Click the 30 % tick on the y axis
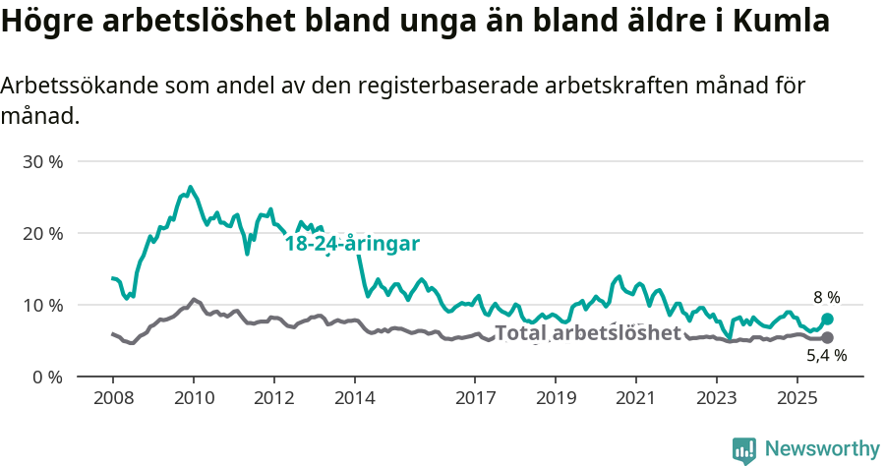(42, 161)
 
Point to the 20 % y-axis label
(42, 233)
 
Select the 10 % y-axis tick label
(42, 305)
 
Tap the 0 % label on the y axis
(47, 377)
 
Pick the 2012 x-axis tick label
(273, 399)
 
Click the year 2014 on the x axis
(354, 399)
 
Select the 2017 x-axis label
(475, 399)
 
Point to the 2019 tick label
(556, 399)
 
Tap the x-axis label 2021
(636, 399)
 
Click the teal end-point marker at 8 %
(827, 319)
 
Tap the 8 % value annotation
(826, 297)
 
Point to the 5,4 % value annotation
(826, 356)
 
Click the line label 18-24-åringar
(352, 244)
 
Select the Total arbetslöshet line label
(587, 333)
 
